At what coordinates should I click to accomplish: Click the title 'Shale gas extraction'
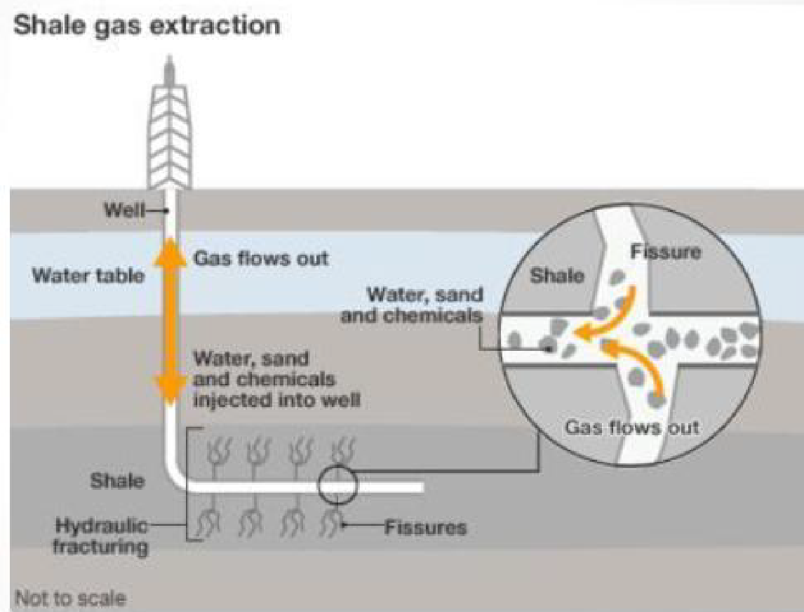[147, 26]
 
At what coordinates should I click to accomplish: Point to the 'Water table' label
[88, 274]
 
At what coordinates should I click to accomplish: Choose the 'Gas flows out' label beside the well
[260, 258]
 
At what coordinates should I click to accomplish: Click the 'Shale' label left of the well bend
[117, 481]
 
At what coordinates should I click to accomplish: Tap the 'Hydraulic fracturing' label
[102, 535]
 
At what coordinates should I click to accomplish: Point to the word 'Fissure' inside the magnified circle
[666, 251]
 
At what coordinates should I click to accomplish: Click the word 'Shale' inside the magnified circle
[557, 275]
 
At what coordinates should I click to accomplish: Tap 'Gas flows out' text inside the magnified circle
[632, 427]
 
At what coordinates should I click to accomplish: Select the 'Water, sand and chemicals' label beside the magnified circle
[413, 305]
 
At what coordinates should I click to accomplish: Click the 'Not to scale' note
[70, 599]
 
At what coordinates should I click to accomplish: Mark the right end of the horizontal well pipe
[421, 486]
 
